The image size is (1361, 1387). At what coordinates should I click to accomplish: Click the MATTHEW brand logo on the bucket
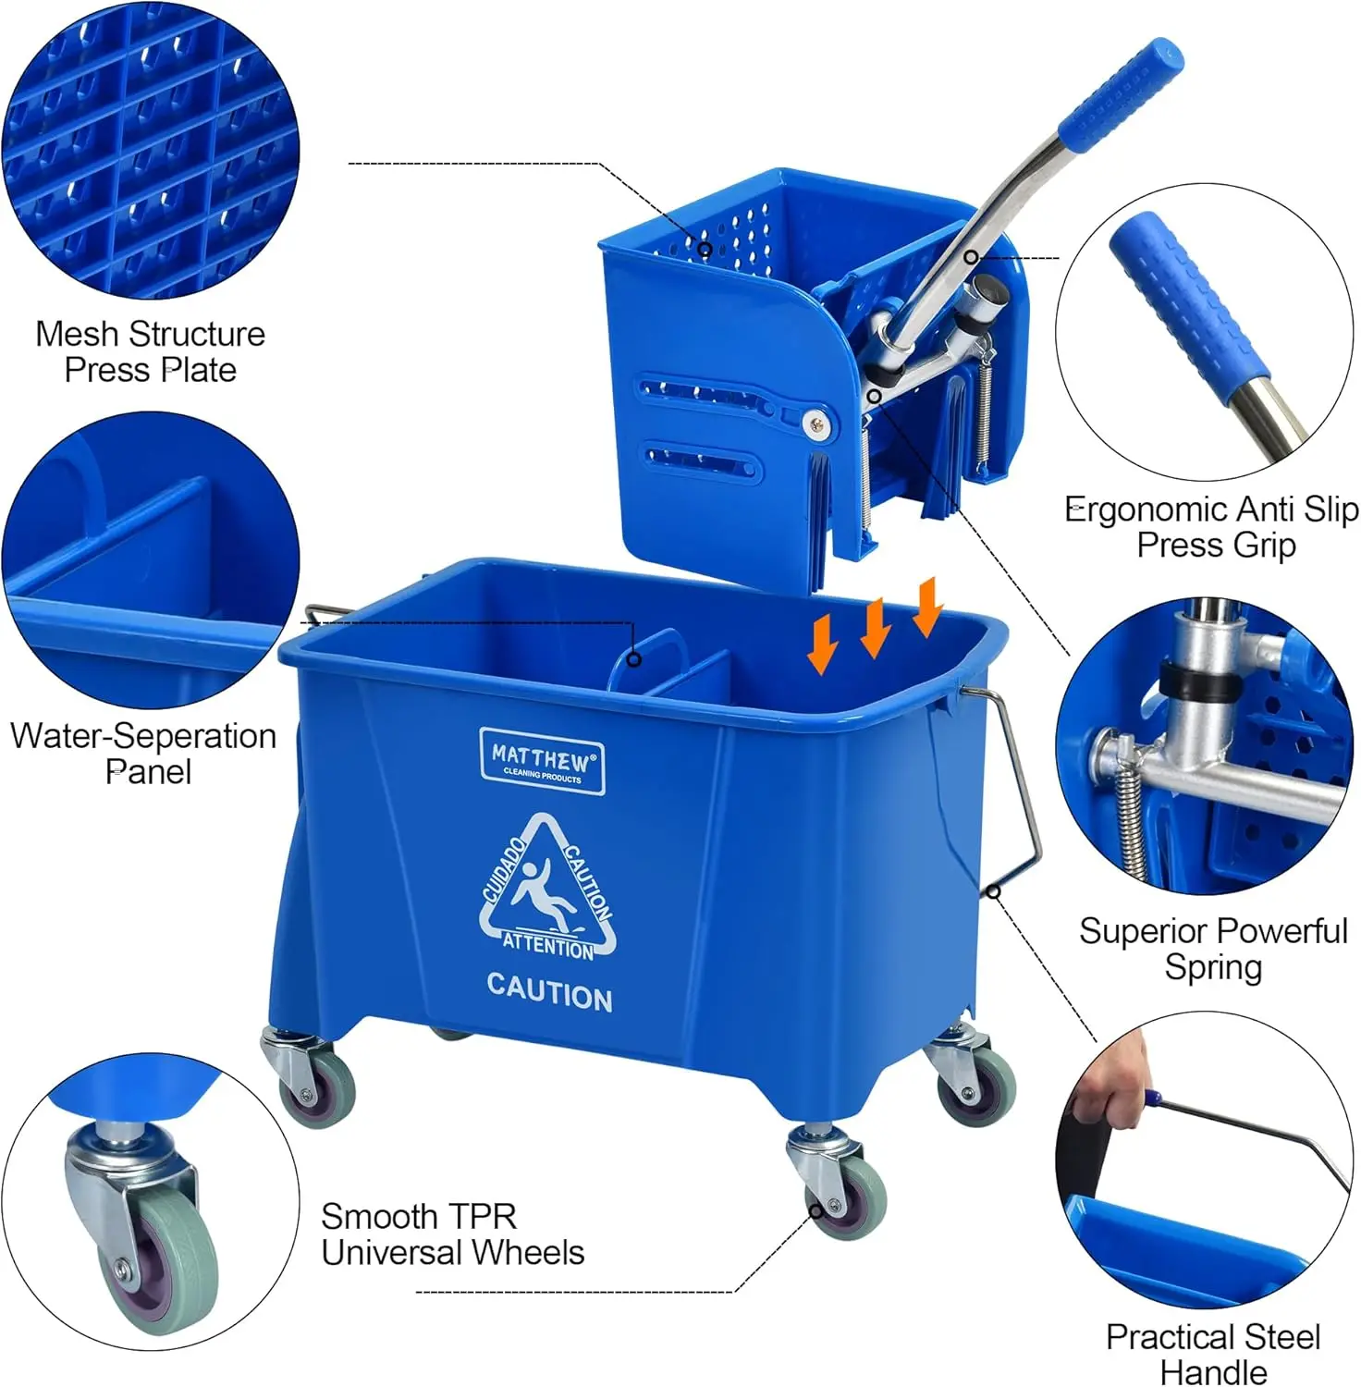pyautogui.click(x=543, y=761)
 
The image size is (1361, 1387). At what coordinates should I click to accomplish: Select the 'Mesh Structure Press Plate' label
pyautogui.click(x=150, y=351)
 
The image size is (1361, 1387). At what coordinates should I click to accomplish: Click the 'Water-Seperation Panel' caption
pyautogui.click(x=143, y=754)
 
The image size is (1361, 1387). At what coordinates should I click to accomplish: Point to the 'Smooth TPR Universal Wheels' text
pyautogui.click(x=452, y=1234)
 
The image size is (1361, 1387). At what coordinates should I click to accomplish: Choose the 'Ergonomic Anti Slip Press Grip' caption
pyautogui.click(x=1211, y=527)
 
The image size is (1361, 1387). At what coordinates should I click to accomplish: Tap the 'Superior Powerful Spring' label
pyautogui.click(x=1213, y=949)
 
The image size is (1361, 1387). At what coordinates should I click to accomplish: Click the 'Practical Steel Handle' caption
pyautogui.click(x=1213, y=1354)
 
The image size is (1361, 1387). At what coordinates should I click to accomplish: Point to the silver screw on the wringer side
pyautogui.click(x=815, y=423)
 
